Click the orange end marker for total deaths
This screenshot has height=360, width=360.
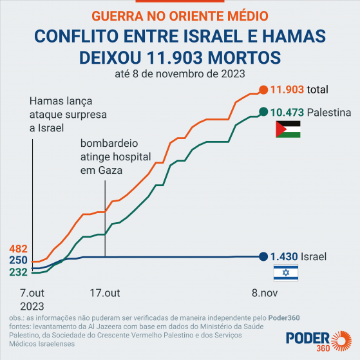click(263, 90)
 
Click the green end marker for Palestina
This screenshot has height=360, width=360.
click(263, 111)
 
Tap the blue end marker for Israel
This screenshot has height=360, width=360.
click(263, 256)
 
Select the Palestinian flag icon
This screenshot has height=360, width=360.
click(287, 129)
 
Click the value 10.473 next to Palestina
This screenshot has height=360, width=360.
click(287, 111)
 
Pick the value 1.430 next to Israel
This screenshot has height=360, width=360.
click(283, 256)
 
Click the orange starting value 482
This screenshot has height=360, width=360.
click(18, 249)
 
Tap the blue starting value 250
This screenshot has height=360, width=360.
click(18, 260)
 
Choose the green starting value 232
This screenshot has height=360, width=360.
click(18, 272)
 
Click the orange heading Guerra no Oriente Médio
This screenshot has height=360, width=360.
click(180, 15)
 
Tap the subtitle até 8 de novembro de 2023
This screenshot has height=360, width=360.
click(180, 73)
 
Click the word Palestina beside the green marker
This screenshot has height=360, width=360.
click(328, 111)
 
